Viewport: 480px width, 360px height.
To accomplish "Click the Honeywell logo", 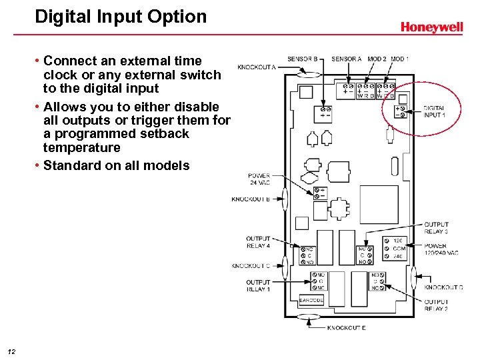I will click(x=431, y=27).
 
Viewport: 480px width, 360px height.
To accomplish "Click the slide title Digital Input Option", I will click(x=121, y=17).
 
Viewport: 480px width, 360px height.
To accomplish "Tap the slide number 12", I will click(x=11, y=351).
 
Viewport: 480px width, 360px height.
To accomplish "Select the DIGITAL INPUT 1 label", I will click(x=434, y=111).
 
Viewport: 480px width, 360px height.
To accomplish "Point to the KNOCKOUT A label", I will click(x=257, y=67).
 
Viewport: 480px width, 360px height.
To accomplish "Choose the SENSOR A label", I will click(x=346, y=59).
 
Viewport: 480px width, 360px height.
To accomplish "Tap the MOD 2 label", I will click(x=377, y=59).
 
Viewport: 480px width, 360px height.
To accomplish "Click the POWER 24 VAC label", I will click(x=259, y=179).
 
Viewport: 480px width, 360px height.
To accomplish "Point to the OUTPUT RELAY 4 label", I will click(x=258, y=242).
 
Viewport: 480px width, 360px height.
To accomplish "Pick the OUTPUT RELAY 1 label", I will click(x=258, y=286).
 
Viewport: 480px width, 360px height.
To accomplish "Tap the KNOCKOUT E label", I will click(x=346, y=328).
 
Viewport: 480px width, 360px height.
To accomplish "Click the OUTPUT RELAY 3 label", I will click(x=437, y=228).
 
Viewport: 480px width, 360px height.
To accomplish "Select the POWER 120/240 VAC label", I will click(x=441, y=249).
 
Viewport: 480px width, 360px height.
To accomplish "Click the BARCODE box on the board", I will click(x=311, y=301).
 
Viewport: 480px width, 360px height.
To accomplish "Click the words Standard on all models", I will click(x=116, y=165).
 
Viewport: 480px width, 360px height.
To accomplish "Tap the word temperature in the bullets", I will click(x=82, y=147).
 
